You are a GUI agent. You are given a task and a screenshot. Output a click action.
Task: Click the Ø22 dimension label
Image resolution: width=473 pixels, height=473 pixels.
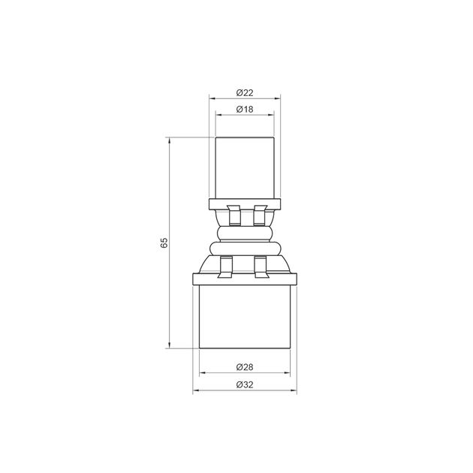(245, 93)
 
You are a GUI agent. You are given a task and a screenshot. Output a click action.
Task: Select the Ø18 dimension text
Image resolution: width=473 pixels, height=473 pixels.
(245, 109)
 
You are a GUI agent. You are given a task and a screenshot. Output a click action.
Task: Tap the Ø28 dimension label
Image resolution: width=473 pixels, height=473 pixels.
(245, 367)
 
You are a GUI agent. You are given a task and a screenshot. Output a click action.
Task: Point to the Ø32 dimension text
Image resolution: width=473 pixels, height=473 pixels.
(245, 385)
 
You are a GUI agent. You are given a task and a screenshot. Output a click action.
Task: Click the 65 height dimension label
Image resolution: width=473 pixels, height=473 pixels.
(164, 243)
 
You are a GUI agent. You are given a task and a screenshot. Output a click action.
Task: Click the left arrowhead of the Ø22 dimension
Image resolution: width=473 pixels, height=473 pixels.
(212, 98)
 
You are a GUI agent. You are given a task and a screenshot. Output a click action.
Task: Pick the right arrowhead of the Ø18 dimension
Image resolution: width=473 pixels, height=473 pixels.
(271, 115)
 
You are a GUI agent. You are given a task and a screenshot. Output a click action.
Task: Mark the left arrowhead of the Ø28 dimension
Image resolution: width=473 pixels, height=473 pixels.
(203, 373)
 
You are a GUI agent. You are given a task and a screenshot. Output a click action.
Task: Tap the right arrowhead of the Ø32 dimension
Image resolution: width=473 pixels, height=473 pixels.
(294, 390)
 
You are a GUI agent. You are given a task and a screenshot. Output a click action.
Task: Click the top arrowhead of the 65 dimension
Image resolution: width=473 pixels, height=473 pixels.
(170, 140)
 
